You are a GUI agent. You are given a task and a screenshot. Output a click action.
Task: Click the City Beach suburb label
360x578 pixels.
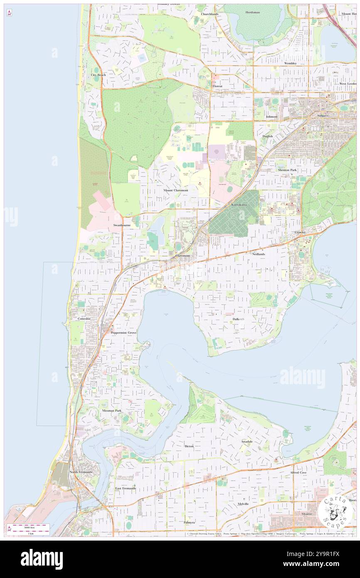point(99,75)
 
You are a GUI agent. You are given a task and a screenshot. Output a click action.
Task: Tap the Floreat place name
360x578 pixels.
point(217,86)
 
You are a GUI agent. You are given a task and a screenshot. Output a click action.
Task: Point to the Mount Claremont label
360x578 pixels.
point(175,190)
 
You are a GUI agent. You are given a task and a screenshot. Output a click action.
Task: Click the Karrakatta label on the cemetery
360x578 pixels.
point(239,205)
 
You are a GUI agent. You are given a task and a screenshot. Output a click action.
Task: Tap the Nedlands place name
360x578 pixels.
point(258,253)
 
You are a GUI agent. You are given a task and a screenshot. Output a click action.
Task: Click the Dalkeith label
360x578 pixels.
point(238,319)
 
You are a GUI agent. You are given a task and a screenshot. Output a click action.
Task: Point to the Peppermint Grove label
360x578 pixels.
point(123,333)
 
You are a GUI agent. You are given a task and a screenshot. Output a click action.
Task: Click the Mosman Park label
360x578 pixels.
point(112,410)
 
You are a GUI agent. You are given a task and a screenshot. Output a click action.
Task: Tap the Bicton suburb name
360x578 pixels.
point(189,446)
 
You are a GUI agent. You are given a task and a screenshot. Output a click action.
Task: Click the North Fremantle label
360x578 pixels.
point(81,472)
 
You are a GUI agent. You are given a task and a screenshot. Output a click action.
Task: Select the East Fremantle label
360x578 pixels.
point(126,488)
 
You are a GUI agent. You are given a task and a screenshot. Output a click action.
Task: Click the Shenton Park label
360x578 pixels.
point(287,170)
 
